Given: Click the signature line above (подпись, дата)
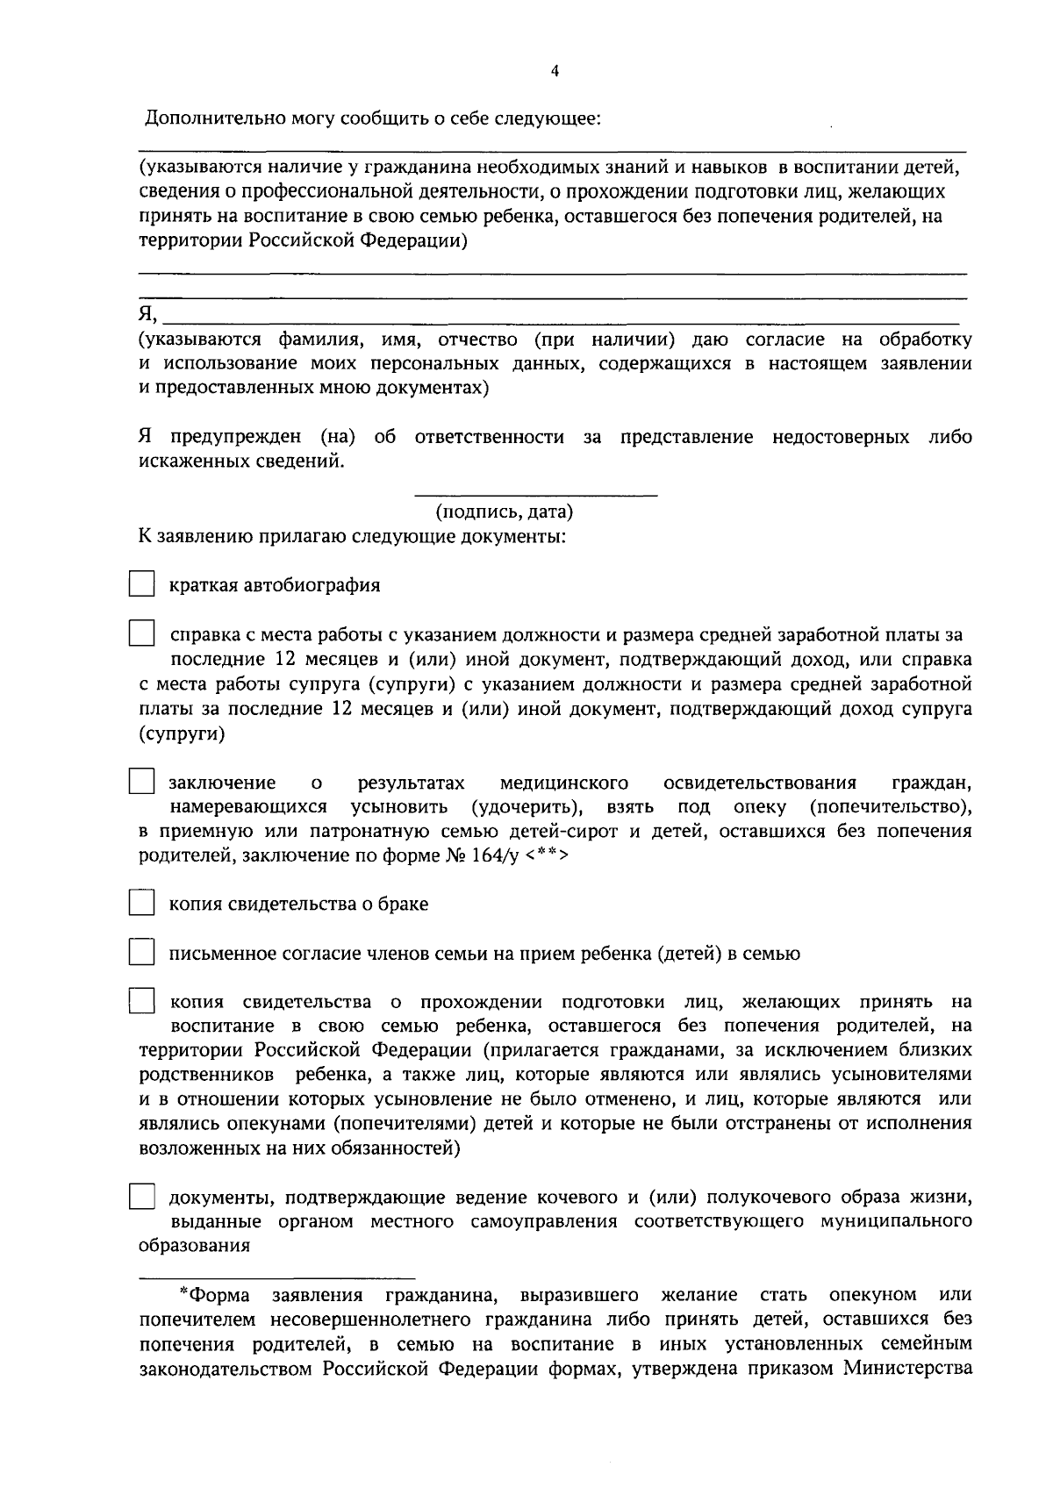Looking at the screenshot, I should click(535, 497).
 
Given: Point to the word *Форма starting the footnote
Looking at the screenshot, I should click(214, 1295).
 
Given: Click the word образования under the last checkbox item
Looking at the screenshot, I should click(194, 1246).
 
